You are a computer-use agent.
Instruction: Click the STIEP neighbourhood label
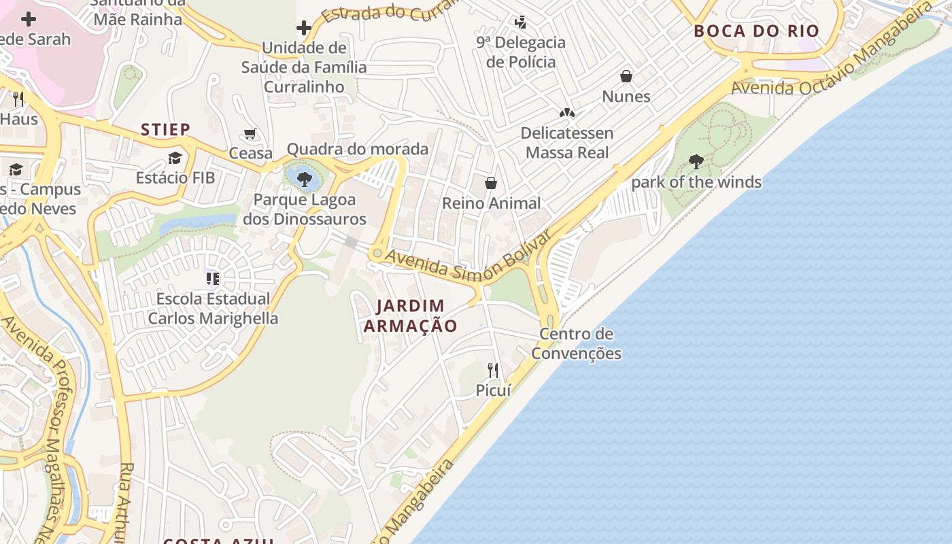pyautogui.click(x=165, y=129)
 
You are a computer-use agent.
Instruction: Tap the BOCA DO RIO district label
pyautogui.click(x=756, y=31)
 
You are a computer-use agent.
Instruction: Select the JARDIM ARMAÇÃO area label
pyautogui.click(x=410, y=316)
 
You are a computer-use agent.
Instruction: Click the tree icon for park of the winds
pyautogui.click(x=696, y=162)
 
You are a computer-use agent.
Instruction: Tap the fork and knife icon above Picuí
pyautogui.click(x=493, y=371)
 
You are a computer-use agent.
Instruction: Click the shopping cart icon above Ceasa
pyautogui.click(x=250, y=134)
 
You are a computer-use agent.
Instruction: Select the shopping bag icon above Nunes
pyautogui.click(x=626, y=76)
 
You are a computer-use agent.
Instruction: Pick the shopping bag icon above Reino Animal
pyautogui.click(x=491, y=183)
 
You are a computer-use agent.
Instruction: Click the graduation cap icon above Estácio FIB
pyautogui.click(x=175, y=158)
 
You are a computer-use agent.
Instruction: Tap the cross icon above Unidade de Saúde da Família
pyautogui.click(x=304, y=28)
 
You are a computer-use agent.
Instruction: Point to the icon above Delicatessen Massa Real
pyautogui.click(x=566, y=112)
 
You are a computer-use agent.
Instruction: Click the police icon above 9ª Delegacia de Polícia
pyautogui.click(x=521, y=22)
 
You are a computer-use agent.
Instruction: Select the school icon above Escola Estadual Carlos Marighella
pyautogui.click(x=213, y=279)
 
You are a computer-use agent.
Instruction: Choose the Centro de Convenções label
pyautogui.click(x=576, y=343)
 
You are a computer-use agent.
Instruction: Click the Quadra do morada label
pyautogui.click(x=358, y=149)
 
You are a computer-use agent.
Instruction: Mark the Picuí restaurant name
pyautogui.click(x=493, y=390)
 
